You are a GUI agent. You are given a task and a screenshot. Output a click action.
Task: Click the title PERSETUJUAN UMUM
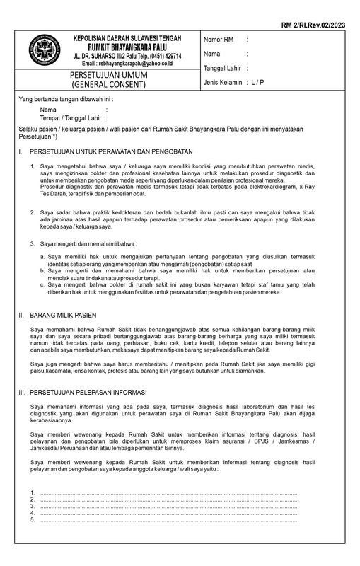point(106,75)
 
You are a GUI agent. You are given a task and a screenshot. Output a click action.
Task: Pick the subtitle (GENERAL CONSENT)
point(106,84)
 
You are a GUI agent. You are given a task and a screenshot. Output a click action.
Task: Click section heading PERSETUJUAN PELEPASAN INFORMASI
point(88,391)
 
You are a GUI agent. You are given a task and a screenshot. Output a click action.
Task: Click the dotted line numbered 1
point(170,492)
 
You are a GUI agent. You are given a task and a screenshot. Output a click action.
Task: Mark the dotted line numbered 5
point(170,520)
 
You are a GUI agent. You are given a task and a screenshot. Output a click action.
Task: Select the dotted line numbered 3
point(170,506)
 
